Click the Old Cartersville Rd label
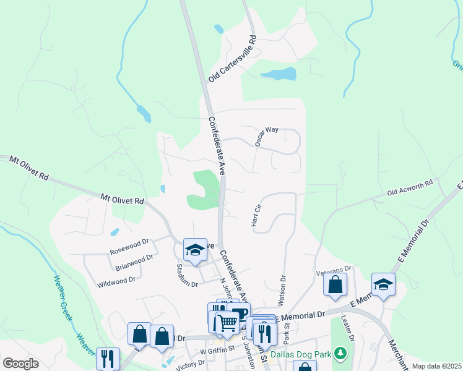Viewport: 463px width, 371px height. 232,59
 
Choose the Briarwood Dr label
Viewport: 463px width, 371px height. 134,263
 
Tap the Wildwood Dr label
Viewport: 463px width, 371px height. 116,280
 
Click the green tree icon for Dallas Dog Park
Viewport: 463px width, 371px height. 339,353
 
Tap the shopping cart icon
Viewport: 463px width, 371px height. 227,322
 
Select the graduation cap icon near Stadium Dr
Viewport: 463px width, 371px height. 195,250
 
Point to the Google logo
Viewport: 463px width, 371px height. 20,363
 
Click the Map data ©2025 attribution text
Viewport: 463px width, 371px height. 436,366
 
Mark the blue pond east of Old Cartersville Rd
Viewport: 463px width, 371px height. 277,75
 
